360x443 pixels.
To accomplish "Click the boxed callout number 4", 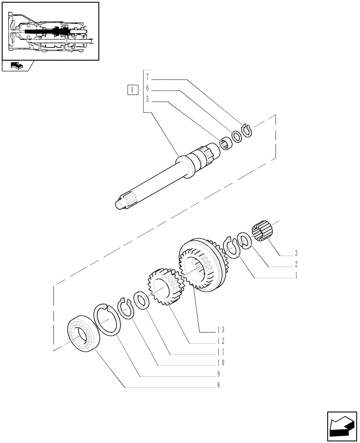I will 131,90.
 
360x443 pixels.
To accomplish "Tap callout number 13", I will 220,330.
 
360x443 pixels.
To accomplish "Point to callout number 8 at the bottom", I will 219,385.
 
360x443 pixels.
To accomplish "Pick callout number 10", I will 220,363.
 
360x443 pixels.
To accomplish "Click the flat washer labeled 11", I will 141,301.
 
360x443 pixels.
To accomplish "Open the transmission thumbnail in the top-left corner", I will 50,31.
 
